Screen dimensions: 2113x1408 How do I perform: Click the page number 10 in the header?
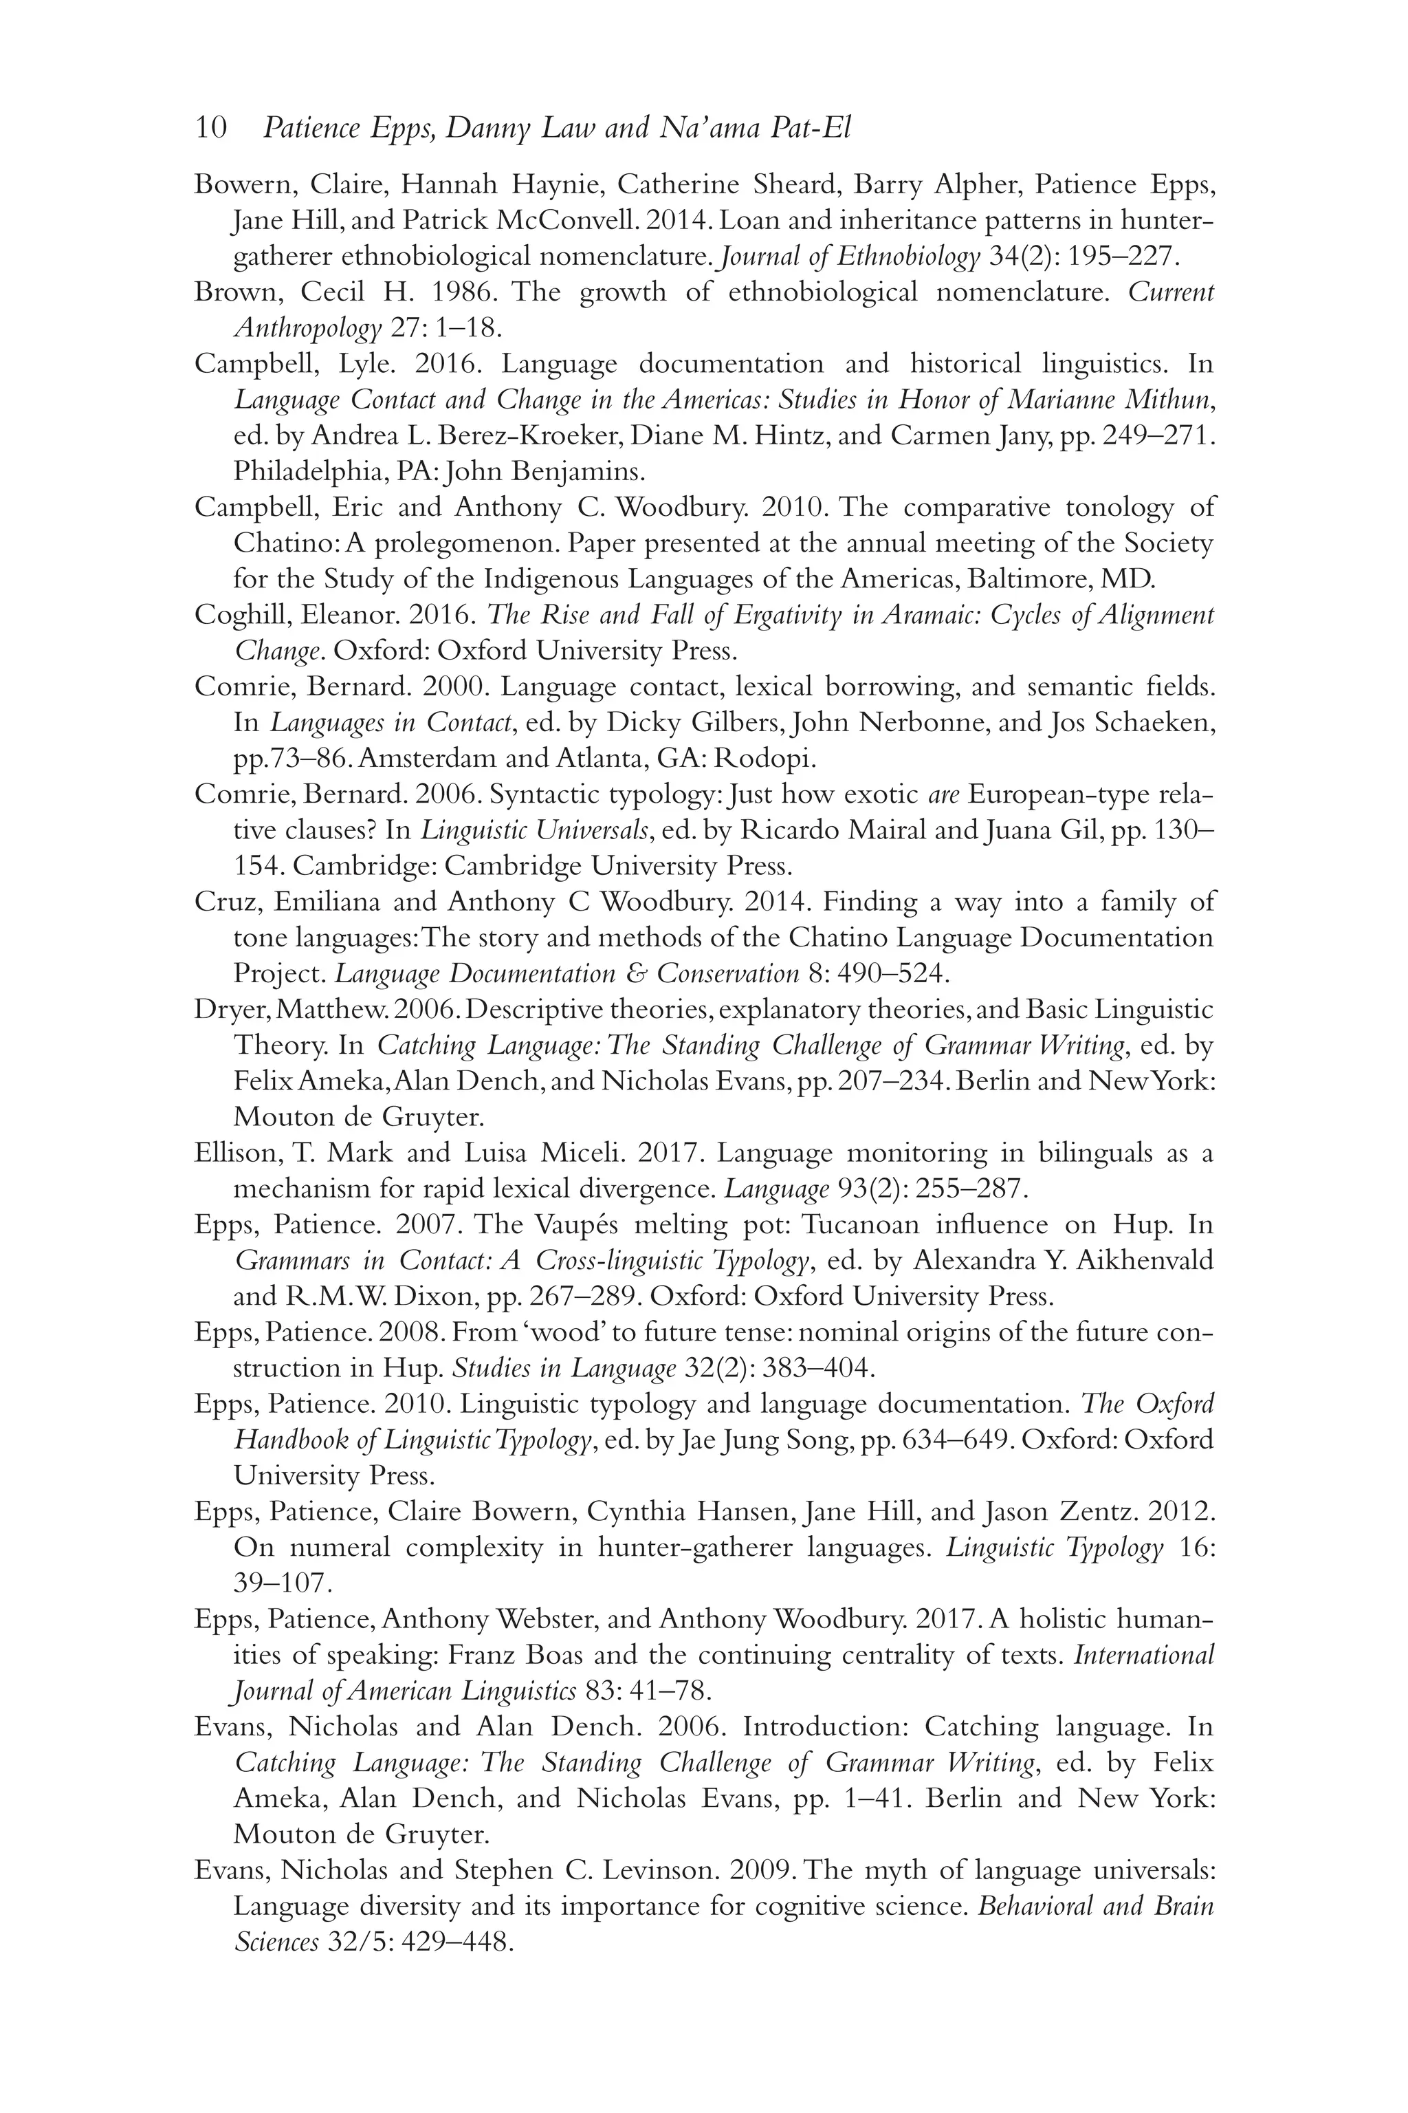click(210, 129)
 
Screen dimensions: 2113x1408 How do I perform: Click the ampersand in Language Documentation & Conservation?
click(637, 974)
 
